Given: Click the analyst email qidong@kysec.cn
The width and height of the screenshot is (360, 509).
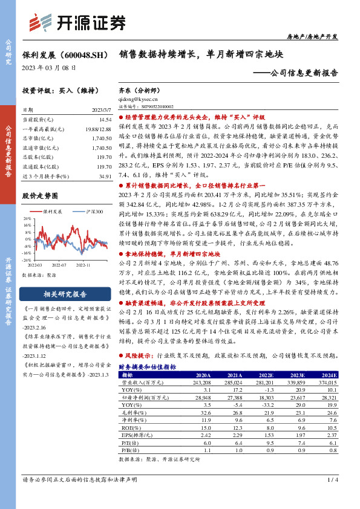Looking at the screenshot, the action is coord(139,98).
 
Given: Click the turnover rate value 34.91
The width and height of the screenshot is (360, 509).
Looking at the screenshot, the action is coord(105,175).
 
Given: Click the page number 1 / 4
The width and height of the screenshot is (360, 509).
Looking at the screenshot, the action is coord(332,479).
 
